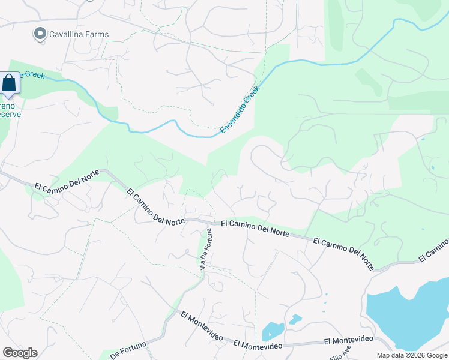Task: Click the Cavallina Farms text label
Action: click(x=80, y=34)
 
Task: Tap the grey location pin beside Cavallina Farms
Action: click(x=40, y=34)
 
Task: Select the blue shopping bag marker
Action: click(x=10, y=83)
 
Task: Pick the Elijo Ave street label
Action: click(x=339, y=350)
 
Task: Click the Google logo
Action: click(x=20, y=352)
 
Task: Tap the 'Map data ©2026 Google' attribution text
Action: click(x=412, y=355)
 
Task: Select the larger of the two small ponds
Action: click(x=272, y=331)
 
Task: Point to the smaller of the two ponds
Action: click(x=294, y=319)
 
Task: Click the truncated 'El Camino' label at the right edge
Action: click(x=433, y=250)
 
